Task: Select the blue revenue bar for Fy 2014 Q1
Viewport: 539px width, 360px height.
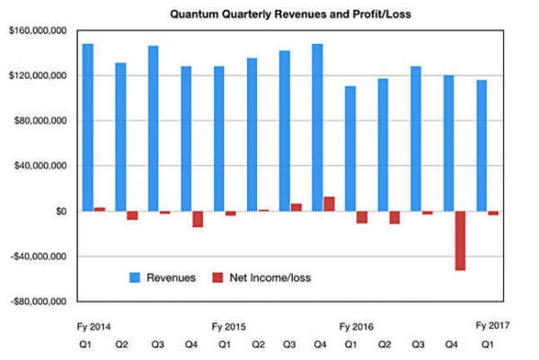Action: point(88,127)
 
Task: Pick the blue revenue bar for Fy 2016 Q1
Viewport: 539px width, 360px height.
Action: point(350,148)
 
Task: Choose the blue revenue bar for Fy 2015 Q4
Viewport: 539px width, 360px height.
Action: point(317,127)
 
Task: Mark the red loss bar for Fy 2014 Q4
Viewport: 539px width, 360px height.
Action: point(198,219)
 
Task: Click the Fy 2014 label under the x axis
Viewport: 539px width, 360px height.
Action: point(96,326)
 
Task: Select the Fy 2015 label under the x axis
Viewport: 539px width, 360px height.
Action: point(228,326)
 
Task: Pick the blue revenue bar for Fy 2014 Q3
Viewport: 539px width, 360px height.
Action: point(154,127)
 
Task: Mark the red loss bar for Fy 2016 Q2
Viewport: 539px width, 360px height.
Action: point(394,217)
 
